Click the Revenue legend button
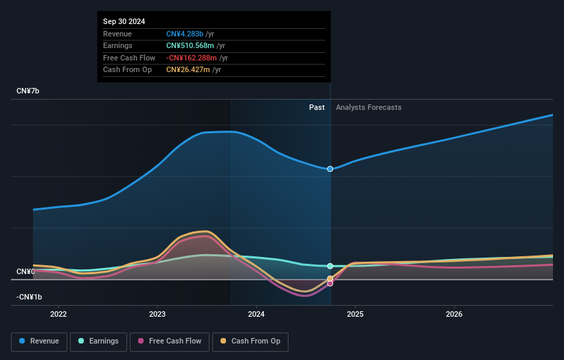click(38, 341)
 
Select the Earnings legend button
click(98, 341)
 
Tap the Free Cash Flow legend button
click(170, 341)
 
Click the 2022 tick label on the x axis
click(58, 315)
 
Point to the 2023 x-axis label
click(157, 315)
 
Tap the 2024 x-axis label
click(256, 315)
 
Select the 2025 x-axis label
click(355, 315)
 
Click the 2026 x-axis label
click(454, 315)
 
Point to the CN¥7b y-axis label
click(28, 91)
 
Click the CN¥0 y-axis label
click(25, 272)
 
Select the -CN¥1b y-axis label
click(30, 297)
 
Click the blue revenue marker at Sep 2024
click(330, 169)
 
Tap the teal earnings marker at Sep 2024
click(330, 266)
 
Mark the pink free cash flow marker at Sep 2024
click(330, 283)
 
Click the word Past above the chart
click(317, 107)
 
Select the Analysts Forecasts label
click(368, 107)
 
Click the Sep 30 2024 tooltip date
click(124, 22)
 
